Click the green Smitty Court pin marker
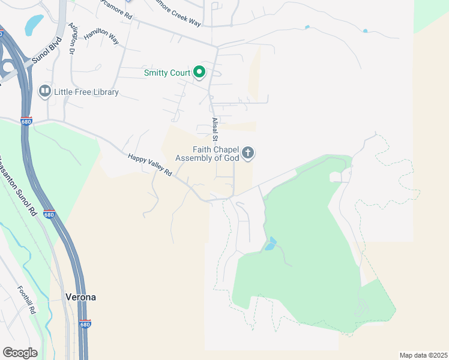tap(199, 73)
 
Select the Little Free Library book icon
tap(44, 92)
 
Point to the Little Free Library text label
tap(86, 92)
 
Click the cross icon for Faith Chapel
tap(249, 154)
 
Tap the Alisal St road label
tap(215, 128)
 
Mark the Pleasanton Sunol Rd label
tap(19, 187)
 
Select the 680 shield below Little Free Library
tap(25, 121)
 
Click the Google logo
tap(20, 352)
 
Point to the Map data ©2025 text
tap(423, 355)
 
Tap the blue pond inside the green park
tap(271, 244)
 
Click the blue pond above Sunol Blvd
tap(34, 24)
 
